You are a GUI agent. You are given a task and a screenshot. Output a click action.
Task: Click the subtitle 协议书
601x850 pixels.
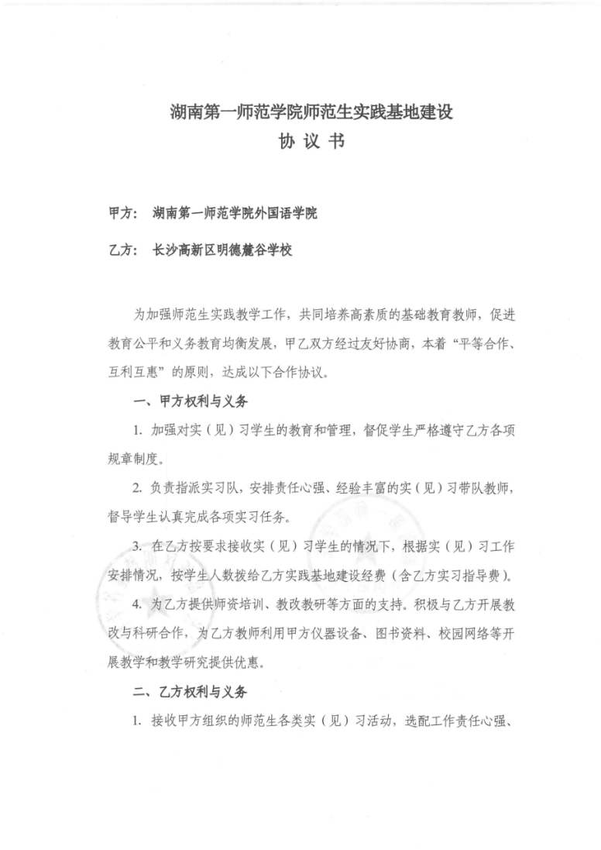(x=311, y=143)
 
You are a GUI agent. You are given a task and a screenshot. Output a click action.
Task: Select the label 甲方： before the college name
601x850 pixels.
(x=123, y=212)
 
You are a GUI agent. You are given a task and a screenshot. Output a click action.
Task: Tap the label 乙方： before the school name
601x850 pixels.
(x=123, y=250)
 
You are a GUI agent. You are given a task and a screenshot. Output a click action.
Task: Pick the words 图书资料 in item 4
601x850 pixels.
(x=401, y=633)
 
